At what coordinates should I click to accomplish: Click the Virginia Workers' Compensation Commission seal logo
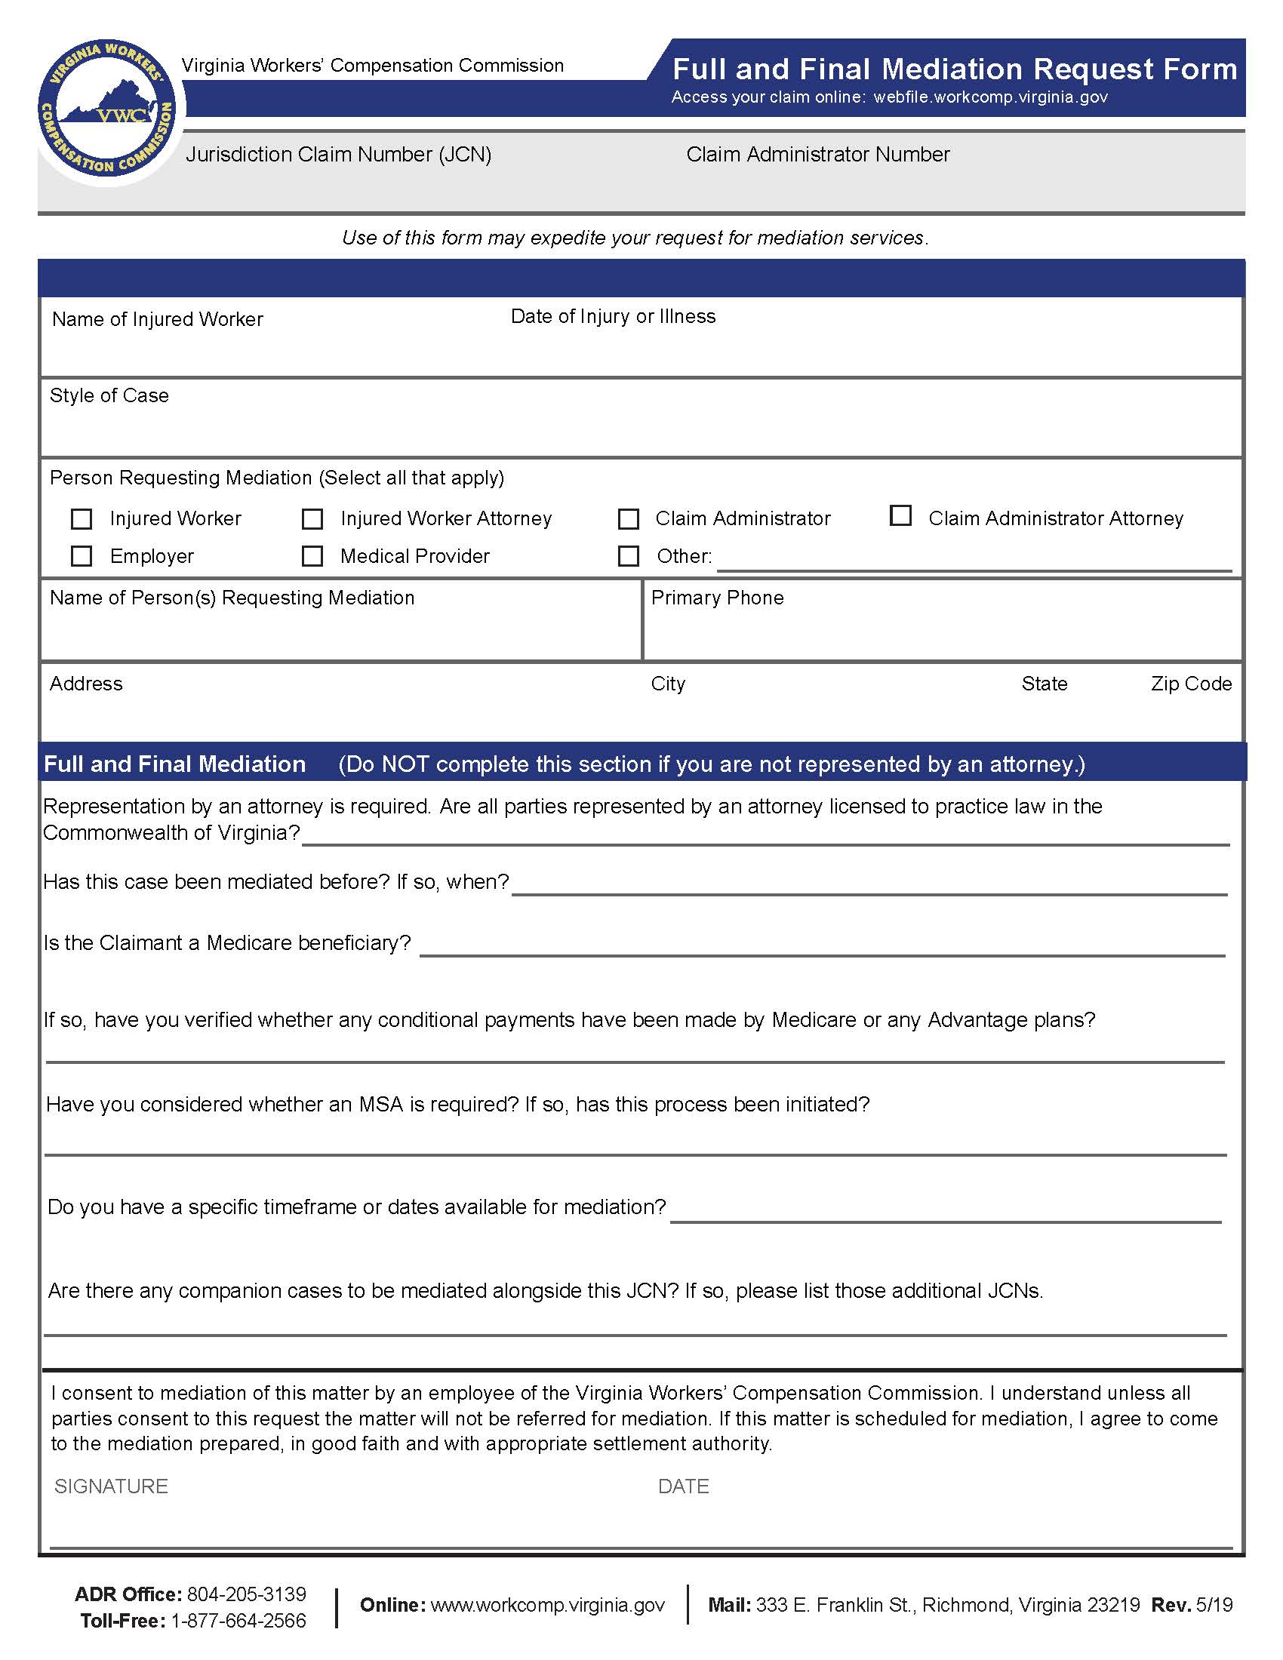(x=106, y=107)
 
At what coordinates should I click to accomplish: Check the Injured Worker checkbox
(x=82, y=519)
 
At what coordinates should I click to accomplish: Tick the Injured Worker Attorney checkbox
(x=312, y=519)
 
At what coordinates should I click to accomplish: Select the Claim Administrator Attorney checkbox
(x=900, y=516)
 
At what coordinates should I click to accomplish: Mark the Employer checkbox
(x=82, y=556)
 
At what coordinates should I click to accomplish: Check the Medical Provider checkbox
(x=312, y=556)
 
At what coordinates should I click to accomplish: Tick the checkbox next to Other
(x=629, y=556)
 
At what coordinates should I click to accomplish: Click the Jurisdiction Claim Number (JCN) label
(x=338, y=154)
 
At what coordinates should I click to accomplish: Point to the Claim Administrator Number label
(x=818, y=154)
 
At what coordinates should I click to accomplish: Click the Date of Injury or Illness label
(x=613, y=316)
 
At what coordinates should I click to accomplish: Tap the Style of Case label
(x=109, y=395)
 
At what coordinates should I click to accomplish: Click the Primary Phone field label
(x=718, y=598)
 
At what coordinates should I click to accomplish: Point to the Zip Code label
(x=1191, y=684)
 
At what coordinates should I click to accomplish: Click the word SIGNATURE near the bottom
(x=111, y=1486)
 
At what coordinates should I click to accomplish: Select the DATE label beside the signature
(x=683, y=1486)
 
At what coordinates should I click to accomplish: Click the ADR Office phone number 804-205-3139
(x=246, y=1594)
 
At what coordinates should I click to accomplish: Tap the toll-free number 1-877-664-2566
(x=238, y=1621)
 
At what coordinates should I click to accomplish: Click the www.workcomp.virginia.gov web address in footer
(x=547, y=1604)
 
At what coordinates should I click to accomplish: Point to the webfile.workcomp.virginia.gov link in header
(x=990, y=97)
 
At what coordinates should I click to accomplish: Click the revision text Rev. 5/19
(x=1192, y=1604)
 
